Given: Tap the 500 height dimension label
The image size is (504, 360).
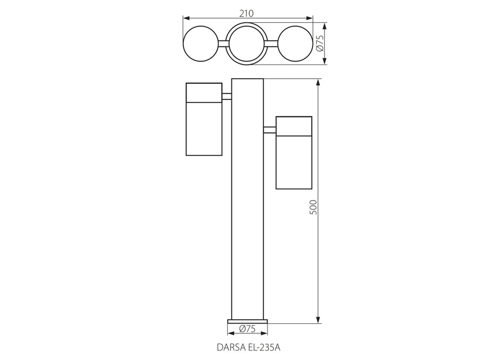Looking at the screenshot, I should click(x=312, y=207).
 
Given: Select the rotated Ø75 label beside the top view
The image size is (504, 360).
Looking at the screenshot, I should click(x=319, y=44).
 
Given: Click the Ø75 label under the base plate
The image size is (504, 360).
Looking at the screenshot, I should click(x=247, y=329).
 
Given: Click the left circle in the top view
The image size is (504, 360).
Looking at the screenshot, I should click(x=201, y=44).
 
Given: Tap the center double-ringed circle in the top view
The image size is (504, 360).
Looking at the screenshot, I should click(x=247, y=44).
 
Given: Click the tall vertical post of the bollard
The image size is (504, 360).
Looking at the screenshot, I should click(x=247, y=202).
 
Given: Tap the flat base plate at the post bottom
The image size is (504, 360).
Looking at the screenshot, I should click(x=247, y=321).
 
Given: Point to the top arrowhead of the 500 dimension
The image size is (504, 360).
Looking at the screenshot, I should click(x=318, y=82).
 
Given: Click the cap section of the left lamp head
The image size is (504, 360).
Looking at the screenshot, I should click(x=204, y=92).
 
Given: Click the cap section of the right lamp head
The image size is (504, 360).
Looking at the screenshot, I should click(x=294, y=126).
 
